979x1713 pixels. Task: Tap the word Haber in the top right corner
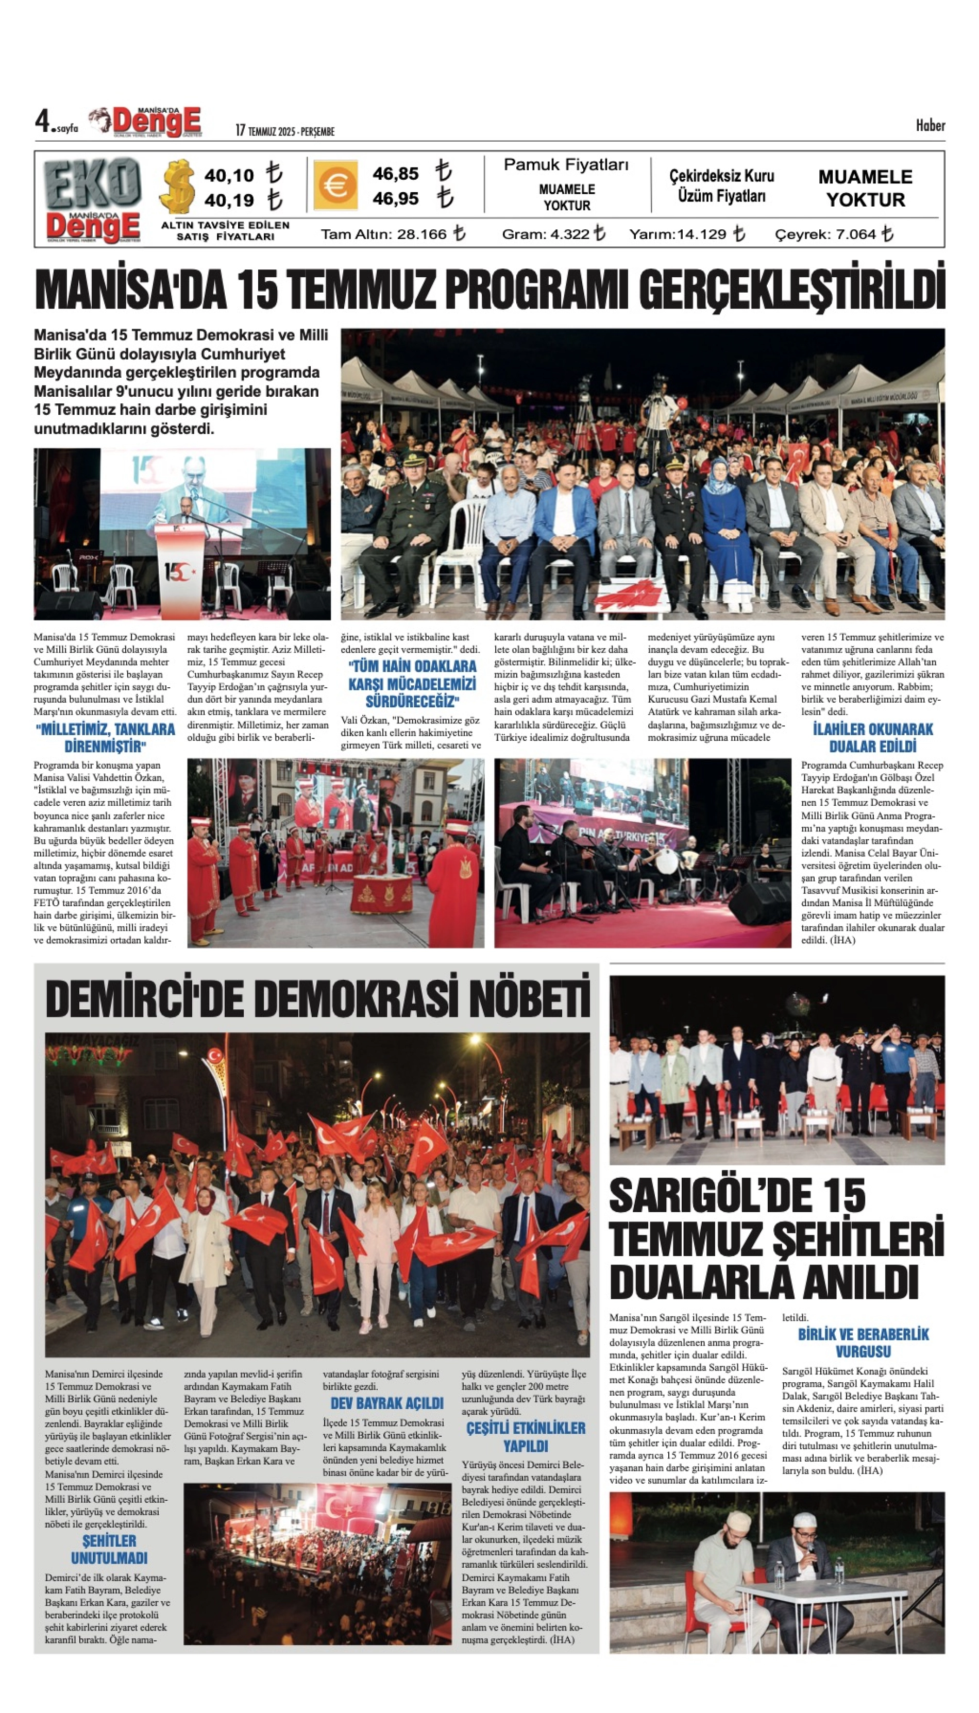(x=930, y=126)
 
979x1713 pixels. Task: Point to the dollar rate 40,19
(x=229, y=200)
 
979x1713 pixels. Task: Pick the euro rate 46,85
(x=395, y=174)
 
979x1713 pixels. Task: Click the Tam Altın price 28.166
(x=423, y=234)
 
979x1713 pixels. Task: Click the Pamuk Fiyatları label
(x=566, y=165)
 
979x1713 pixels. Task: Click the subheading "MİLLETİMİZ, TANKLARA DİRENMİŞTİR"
(x=105, y=738)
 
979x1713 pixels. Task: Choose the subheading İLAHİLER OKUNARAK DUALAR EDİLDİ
(x=873, y=738)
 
